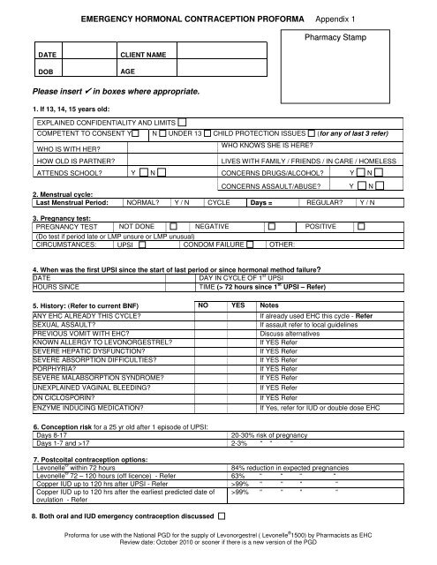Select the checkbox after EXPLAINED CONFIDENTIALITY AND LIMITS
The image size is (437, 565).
pyautogui.click(x=182, y=121)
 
